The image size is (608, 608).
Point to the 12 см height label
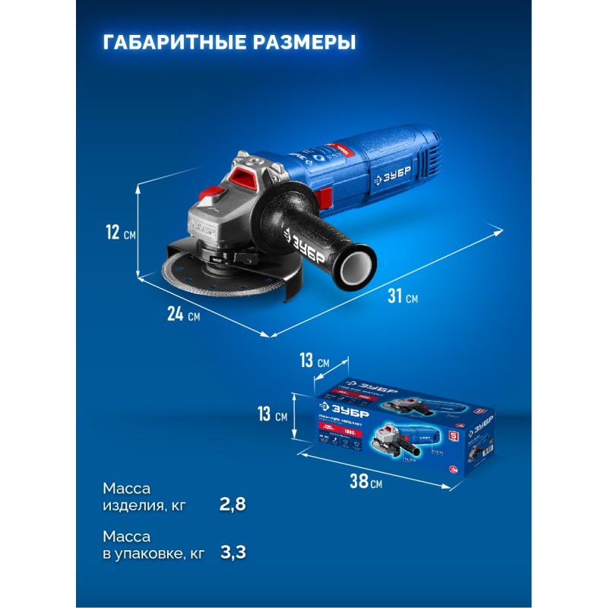(119, 233)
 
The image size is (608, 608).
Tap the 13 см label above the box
(313, 361)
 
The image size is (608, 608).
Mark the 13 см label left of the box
(272, 415)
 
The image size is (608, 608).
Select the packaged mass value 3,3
(232, 553)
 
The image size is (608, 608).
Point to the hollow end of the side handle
(359, 268)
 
